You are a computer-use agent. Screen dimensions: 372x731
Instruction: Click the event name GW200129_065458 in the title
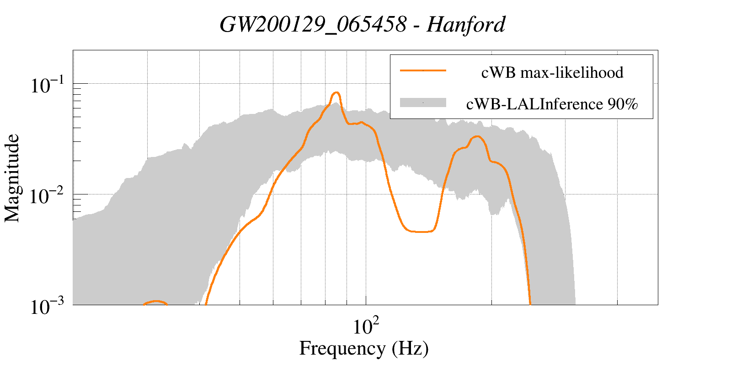[313, 24]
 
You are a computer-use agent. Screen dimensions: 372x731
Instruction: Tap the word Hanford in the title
[466, 24]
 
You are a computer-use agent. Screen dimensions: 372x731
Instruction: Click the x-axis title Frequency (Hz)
[363, 348]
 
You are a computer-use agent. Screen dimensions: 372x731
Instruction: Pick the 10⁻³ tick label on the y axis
[48, 307]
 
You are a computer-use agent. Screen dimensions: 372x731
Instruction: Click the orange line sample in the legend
[422, 71]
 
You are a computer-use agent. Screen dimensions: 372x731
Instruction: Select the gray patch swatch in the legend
[422, 103]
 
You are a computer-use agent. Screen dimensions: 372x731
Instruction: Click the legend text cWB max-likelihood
[552, 72]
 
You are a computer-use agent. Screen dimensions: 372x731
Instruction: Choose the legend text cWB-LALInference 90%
[552, 104]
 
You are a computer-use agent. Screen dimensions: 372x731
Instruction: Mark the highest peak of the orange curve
[336, 93]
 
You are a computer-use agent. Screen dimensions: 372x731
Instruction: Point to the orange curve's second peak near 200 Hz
[477, 136]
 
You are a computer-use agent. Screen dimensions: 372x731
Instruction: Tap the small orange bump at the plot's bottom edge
[156, 302]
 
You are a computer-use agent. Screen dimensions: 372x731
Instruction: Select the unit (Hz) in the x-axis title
[410, 348]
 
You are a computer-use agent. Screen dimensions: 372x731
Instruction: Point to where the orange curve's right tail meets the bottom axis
[529, 302]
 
